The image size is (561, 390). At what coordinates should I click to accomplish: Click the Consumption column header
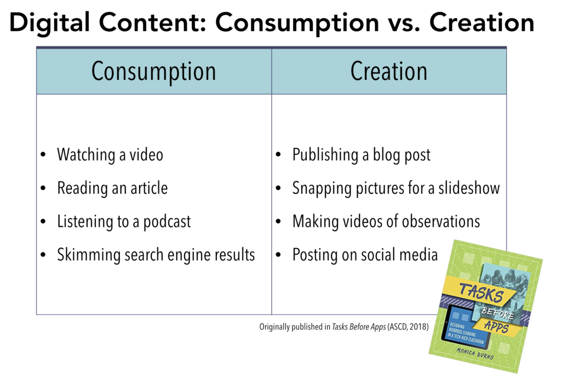point(153,72)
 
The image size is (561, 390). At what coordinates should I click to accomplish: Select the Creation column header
point(389,71)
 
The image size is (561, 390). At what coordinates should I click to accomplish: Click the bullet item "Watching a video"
point(110,155)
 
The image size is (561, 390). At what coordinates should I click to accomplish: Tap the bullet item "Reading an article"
point(112,188)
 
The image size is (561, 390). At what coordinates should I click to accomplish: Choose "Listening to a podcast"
point(124,221)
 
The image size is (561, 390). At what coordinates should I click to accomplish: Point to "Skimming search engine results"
point(156,255)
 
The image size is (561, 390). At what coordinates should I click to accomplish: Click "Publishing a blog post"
point(362,155)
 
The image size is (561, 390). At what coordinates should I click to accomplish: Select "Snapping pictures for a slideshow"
point(396,188)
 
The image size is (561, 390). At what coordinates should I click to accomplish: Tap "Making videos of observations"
point(386,221)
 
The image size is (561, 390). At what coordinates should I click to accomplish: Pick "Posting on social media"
point(365,255)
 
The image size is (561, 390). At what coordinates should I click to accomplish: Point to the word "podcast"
point(167,222)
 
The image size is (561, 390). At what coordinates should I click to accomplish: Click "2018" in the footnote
point(418,326)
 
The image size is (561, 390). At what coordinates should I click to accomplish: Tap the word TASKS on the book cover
point(481,292)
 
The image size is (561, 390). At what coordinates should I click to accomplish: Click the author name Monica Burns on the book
point(475,353)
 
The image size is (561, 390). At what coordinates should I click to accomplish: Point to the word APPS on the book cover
point(496,326)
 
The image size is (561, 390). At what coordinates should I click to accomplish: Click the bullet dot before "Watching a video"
point(43,155)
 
